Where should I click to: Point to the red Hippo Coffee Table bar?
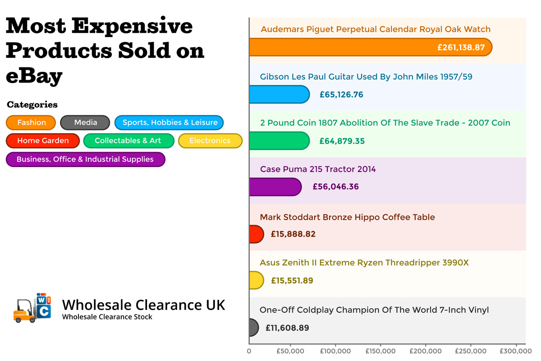point(256,234)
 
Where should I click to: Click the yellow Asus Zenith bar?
point(256,280)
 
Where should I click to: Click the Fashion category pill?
point(31,123)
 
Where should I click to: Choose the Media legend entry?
point(85,123)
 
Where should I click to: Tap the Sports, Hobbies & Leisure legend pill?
point(170,123)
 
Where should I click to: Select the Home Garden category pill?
point(43,141)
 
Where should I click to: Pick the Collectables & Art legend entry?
point(128,141)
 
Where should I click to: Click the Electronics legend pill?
point(210,141)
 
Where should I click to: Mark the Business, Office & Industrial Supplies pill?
point(85,159)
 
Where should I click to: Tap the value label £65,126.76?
point(341,95)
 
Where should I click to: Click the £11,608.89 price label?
point(287,328)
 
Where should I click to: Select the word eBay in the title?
point(34,75)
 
